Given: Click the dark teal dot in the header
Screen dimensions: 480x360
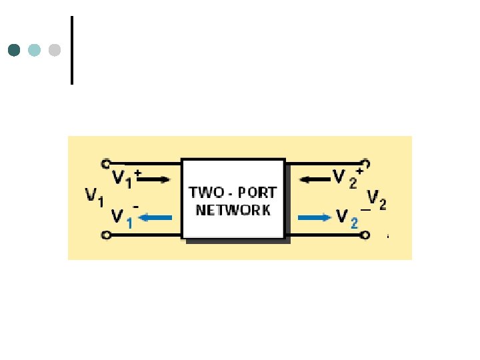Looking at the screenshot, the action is (14, 50).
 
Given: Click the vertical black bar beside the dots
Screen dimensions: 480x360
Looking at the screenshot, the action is (71, 50).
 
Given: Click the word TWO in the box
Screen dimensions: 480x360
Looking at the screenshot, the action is (203, 192).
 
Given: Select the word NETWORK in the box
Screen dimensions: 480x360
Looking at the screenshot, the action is (233, 209).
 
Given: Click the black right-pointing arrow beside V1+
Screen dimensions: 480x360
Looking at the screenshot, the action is (157, 179).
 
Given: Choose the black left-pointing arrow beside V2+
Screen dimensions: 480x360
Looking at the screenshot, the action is (312, 178).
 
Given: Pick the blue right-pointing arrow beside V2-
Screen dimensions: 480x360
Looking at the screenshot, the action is (313, 217).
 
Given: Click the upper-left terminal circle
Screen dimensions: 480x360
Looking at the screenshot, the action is (105, 162).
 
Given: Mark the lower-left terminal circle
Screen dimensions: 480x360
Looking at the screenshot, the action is (105, 235).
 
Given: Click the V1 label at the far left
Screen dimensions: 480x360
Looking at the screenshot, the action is (94, 196).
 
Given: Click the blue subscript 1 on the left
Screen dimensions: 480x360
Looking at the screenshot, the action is (129, 224).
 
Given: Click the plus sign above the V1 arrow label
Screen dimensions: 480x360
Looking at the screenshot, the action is (137, 173).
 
